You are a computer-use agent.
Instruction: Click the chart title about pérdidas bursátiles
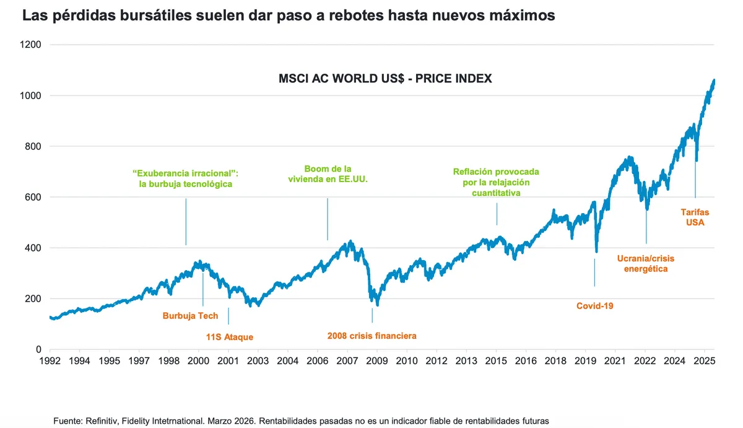click(289, 16)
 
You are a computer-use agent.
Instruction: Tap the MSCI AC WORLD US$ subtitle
click(385, 79)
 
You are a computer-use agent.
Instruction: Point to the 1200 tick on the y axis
click(31, 45)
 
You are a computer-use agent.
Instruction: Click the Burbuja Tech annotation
click(190, 316)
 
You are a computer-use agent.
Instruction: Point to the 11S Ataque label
click(230, 338)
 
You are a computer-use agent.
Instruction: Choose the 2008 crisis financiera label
click(371, 336)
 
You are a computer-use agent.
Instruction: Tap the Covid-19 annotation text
click(594, 306)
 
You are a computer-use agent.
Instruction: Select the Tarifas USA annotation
click(695, 217)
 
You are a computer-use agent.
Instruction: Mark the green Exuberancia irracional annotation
click(186, 178)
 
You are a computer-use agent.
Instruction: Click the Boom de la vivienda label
click(328, 174)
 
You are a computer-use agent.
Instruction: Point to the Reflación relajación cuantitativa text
click(496, 182)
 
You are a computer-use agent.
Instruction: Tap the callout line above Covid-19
click(594, 273)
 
